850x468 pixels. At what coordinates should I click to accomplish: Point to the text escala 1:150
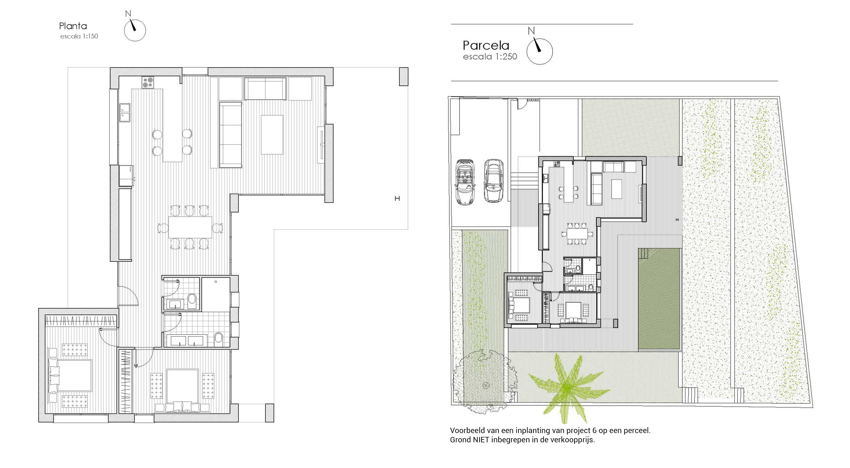click(x=79, y=36)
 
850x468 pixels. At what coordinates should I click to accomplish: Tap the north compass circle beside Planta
click(x=135, y=30)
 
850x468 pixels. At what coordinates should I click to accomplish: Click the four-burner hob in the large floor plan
click(x=148, y=82)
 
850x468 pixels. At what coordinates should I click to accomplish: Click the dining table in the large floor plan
click(x=190, y=227)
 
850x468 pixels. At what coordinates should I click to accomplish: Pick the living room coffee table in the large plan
click(x=272, y=135)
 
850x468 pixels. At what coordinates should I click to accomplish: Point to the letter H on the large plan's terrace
click(x=397, y=198)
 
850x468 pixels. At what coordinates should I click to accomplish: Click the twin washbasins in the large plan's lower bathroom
click(x=186, y=340)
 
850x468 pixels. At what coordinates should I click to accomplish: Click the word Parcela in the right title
click(x=486, y=45)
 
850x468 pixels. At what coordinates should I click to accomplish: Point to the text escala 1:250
click(x=490, y=57)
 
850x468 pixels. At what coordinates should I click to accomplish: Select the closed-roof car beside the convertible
click(x=494, y=181)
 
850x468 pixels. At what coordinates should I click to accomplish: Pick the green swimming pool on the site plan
click(x=659, y=299)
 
